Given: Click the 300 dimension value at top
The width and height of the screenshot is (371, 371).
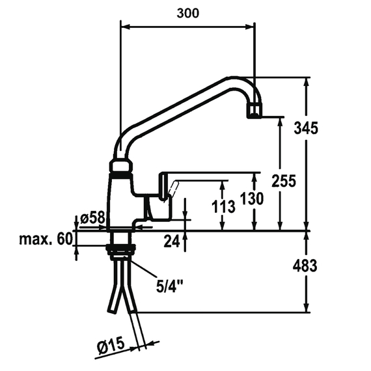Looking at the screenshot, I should (x=188, y=13).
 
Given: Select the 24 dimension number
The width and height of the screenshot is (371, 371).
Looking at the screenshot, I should (x=171, y=242).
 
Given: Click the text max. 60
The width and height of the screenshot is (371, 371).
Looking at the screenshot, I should (x=45, y=240).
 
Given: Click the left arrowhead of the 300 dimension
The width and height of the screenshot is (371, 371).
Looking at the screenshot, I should (x=124, y=27).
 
